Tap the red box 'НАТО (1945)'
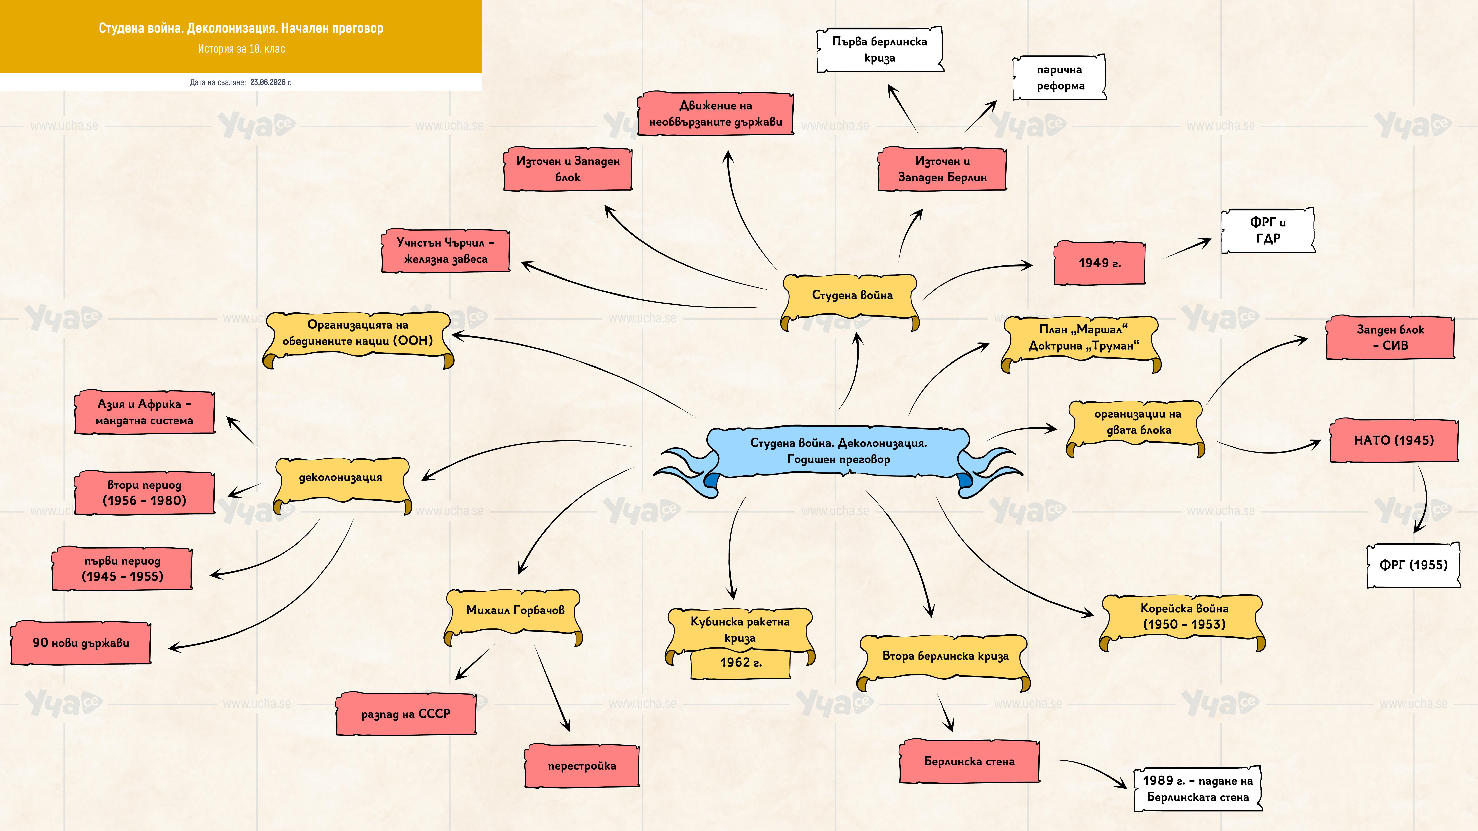1394,440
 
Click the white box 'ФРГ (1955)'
1413,565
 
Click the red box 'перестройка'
582,766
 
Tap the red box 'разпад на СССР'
406,714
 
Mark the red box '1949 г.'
1099,263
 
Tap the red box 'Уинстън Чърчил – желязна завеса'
445,251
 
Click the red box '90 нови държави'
81,642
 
